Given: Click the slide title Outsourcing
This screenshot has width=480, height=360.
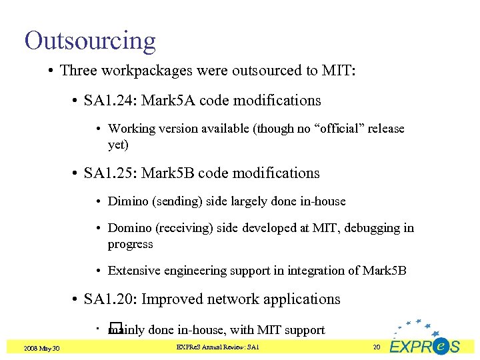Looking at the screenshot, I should pos(90,41).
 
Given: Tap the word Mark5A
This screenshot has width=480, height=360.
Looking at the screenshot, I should pos(163,101).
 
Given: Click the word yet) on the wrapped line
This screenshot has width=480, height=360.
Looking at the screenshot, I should pos(118,145).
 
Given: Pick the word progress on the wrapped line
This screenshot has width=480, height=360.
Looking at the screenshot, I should pos(130,245).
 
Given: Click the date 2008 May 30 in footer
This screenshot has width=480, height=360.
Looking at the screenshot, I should pos(41,348).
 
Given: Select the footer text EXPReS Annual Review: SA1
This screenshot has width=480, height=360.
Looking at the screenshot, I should pos(217,347).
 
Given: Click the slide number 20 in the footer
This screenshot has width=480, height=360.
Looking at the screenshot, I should pos(376,347).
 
